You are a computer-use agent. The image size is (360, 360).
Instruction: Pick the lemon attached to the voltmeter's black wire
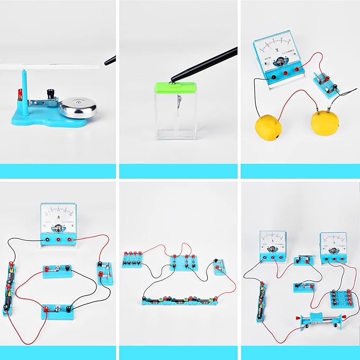(x=270, y=129)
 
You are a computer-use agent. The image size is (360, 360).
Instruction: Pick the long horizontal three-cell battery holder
(x=180, y=300)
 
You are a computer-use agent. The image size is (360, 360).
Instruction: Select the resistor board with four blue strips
(x=338, y=298)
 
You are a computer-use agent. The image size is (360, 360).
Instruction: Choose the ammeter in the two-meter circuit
(x=272, y=246)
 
